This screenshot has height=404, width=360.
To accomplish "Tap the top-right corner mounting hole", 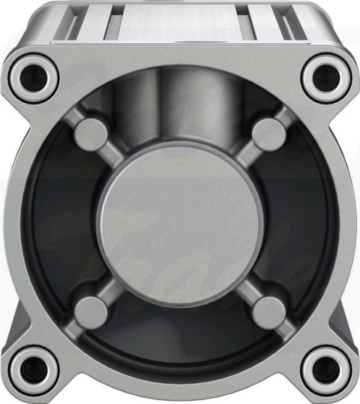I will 326,75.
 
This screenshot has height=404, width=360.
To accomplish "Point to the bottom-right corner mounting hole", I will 326,368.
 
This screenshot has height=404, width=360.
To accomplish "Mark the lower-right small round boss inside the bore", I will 268,309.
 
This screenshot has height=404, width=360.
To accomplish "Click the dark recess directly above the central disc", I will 180,113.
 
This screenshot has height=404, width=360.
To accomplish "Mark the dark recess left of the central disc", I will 67,222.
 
